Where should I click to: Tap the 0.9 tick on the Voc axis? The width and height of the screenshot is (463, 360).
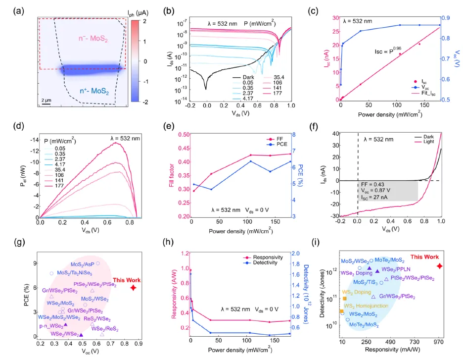pyautogui.click(x=449, y=18)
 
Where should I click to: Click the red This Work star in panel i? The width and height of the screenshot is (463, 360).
pyautogui.click(x=439, y=266)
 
